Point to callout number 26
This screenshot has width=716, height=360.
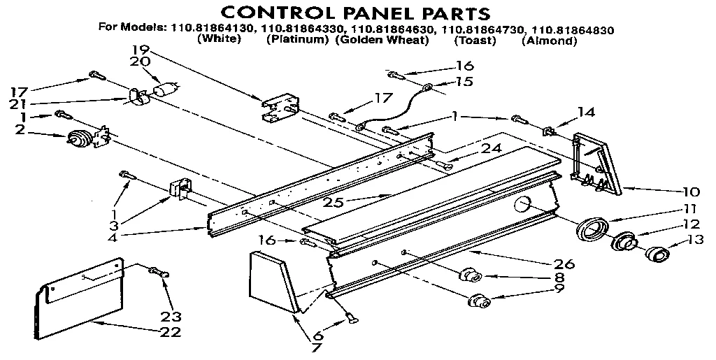(x=564, y=264)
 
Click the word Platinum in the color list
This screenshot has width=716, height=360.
(x=297, y=41)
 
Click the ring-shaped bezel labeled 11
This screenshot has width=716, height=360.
(x=592, y=229)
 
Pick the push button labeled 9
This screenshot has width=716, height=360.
(x=478, y=303)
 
